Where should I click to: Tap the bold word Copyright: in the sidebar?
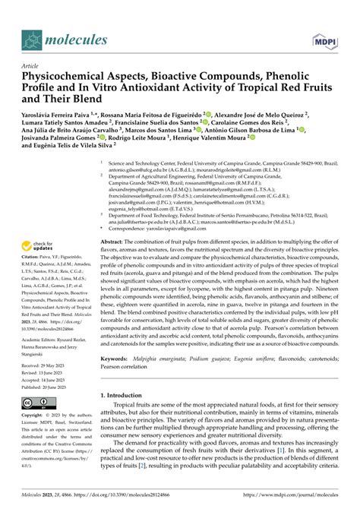pos(37,416)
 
